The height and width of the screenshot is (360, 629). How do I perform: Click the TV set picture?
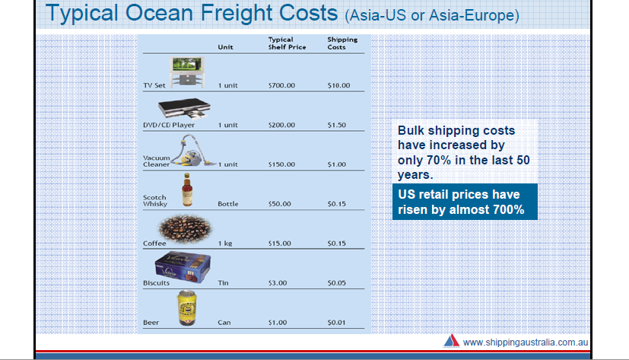(x=187, y=72)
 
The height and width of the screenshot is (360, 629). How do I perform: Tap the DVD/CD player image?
(x=185, y=108)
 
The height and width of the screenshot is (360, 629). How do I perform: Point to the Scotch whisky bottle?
(x=187, y=190)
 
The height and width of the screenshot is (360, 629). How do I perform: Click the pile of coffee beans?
(x=186, y=229)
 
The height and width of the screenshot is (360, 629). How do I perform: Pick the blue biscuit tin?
(x=183, y=267)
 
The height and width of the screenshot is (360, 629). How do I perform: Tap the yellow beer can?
(x=187, y=307)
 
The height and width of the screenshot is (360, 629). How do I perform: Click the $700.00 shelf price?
(x=281, y=85)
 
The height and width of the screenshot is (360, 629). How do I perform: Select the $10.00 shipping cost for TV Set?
(x=338, y=85)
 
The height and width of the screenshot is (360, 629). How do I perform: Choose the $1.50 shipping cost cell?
(x=337, y=125)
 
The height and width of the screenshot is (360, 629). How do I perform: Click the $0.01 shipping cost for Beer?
(x=337, y=322)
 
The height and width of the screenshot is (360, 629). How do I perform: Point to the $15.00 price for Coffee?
(x=280, y=244)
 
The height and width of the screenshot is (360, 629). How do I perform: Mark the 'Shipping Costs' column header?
(x=342, y=43)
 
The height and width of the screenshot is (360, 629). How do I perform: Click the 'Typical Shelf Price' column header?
(x=287, y=43)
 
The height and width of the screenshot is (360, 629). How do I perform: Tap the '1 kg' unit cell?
(x=225, y=244)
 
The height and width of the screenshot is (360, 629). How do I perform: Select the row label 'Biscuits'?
(x=156, y=283)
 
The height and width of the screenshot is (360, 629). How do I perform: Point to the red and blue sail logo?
(x=451, y=341)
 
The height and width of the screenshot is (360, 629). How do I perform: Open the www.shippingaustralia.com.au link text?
(x=526, y=342)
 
